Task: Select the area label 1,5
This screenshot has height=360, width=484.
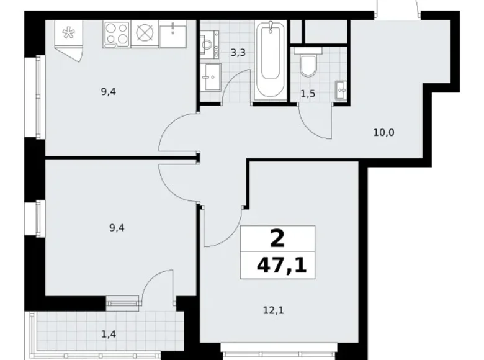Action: (307, 94)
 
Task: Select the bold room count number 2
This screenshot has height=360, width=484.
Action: (277, 238)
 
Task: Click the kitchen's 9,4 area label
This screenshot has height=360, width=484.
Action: (109, 92)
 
